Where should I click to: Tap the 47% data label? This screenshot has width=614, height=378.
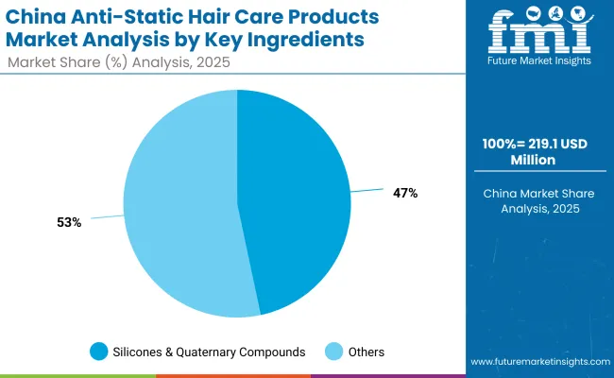pyautogui.click(x=405, y=192)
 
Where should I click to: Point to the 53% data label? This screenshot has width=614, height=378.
pyautogui.click(x=69, y=223)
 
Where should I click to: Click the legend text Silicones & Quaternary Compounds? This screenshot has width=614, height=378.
pyautogui.click(x=209, y=352)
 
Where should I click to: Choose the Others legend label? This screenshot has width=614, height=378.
pyautogui.click(x=366, y=352)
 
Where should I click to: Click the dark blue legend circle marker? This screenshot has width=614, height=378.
pyautogui.click(x=99, y=352)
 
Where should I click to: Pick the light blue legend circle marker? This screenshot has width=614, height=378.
pyautogui.click(x=333, y=352)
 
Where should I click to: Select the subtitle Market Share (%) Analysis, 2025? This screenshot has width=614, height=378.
pyautogui.click(x=117, y=62)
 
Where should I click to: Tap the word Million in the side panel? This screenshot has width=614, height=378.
pyautogui.click(x=537, y=161)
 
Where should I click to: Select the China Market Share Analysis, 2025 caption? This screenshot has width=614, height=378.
pyautogui.click(x=537, y=201)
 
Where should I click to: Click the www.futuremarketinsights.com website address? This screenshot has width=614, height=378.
pyautogui.click(x=537, y=362)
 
